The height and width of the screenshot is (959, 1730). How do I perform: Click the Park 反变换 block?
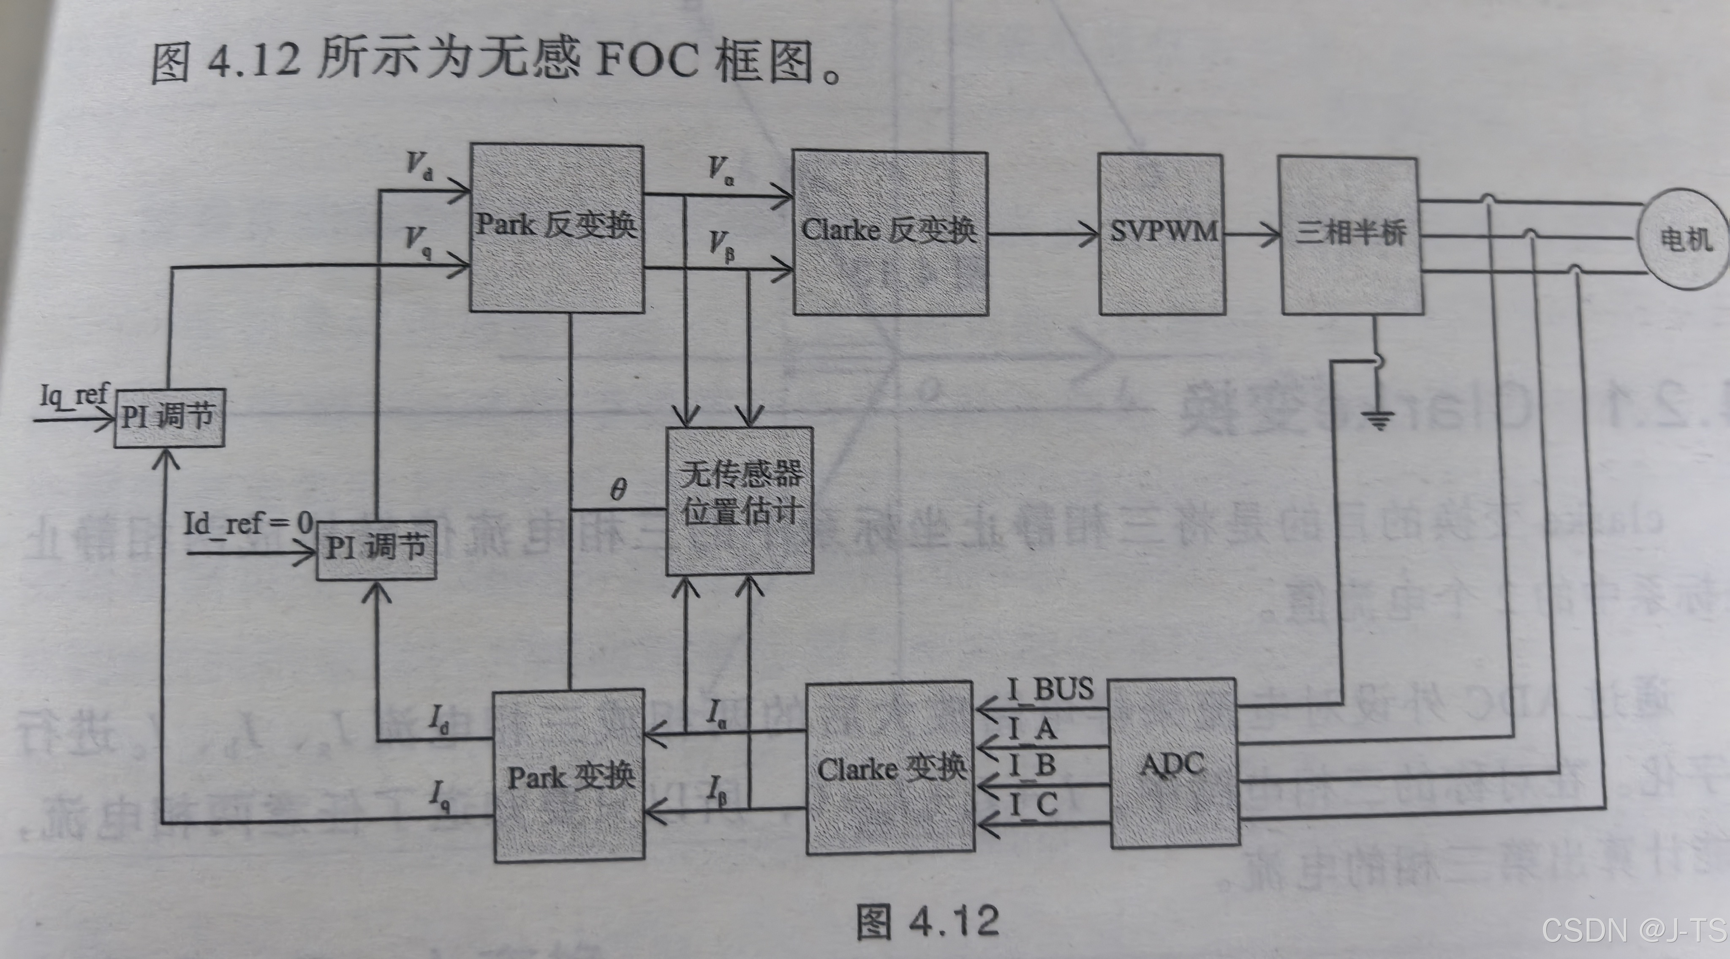556,228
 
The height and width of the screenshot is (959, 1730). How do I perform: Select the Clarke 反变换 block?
890,232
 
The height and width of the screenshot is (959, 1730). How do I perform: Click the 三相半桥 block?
1351,234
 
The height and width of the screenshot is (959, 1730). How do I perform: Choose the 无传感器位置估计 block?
740,500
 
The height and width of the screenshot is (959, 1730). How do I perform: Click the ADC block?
1172,763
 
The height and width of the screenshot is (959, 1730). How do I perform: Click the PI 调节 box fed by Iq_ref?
169,418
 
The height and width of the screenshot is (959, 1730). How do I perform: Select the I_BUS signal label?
1050,689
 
